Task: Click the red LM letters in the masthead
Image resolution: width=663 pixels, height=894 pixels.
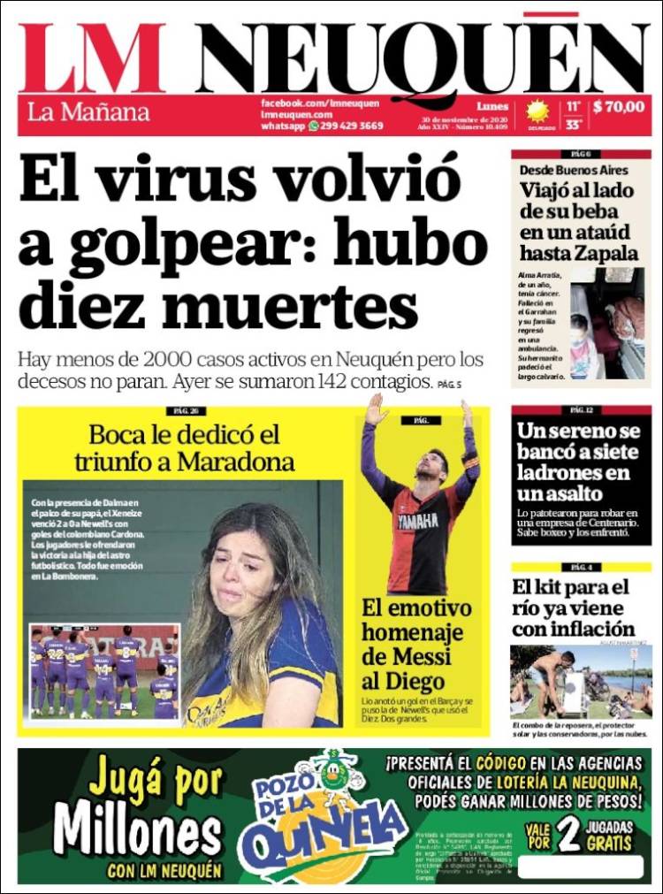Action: [x=92, y=58]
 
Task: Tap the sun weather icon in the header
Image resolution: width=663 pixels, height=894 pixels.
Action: [x=537, y=111]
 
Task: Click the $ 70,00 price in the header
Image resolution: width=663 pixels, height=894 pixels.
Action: [x=619, y=107]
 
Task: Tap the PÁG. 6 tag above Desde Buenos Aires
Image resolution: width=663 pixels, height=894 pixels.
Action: [x=581, y=154]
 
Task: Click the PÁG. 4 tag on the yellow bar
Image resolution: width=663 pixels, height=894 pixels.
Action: [x=581, y=567]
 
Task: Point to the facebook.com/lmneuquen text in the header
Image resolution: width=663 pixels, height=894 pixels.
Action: [x=320, y=103]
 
